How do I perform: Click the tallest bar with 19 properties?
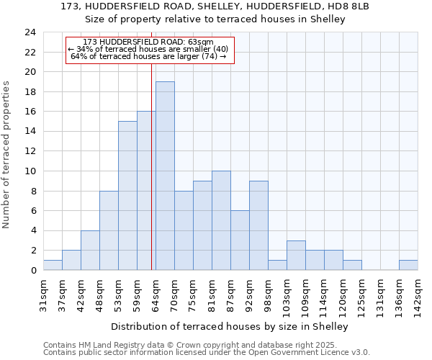pyautogui.click(x=165, y=176)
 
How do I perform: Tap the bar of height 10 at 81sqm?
pyautogui.click(x=221, y=220)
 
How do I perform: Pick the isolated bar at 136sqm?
pyautogui.click(x=408, y=265)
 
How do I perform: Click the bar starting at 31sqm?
pyautogui.click(x=53, y=265)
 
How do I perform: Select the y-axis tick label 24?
pyautogui.click(x=30, y=32)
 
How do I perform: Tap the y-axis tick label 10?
pyautogui.click(x=30, y=171)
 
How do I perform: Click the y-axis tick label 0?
pyautogui.click(x=33, y=271)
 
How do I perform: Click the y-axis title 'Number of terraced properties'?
pyautogui.click(x=7, y=154)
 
